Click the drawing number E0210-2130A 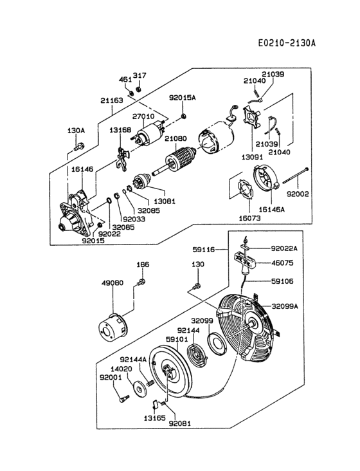287,43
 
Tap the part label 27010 143,116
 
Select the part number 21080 175,138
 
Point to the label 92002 298,194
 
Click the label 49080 113,283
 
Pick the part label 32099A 285,306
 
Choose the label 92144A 134,360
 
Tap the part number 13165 154,418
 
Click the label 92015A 183,98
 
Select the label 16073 249,217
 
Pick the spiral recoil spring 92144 197,355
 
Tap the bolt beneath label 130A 79,147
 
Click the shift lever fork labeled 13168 122,158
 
